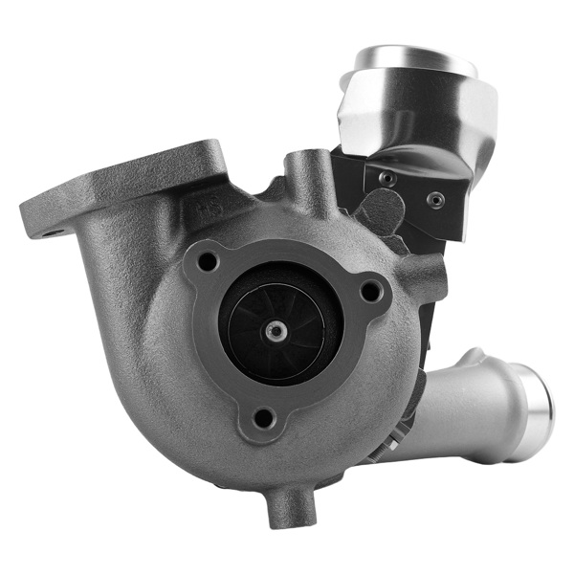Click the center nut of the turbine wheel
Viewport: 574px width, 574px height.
click(x=277, y=330)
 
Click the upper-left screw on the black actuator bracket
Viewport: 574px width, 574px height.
click(x=386, y=178)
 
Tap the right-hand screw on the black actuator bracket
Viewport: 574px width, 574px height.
click(x=435, y=201)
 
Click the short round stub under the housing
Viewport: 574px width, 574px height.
click(x=290, y=506)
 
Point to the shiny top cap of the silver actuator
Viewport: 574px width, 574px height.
click(x=416, y=59)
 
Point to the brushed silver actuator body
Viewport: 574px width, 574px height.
click(x=421, y=110)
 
